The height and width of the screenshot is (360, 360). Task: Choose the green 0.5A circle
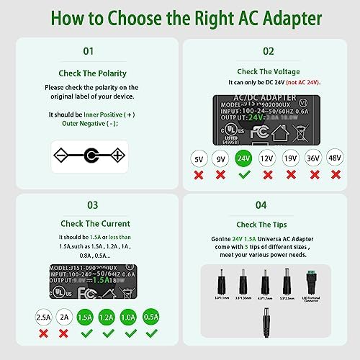(x=150, y=315)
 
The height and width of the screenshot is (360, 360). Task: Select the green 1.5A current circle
(x=85, y=315)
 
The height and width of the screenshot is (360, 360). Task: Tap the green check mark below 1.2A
(x=106, y=333)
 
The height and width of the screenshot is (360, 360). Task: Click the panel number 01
(x=88, y=51)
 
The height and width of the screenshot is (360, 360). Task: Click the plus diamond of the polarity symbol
(x=115, y=155)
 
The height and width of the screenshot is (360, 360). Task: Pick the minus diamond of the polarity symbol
(x=63, y=155)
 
